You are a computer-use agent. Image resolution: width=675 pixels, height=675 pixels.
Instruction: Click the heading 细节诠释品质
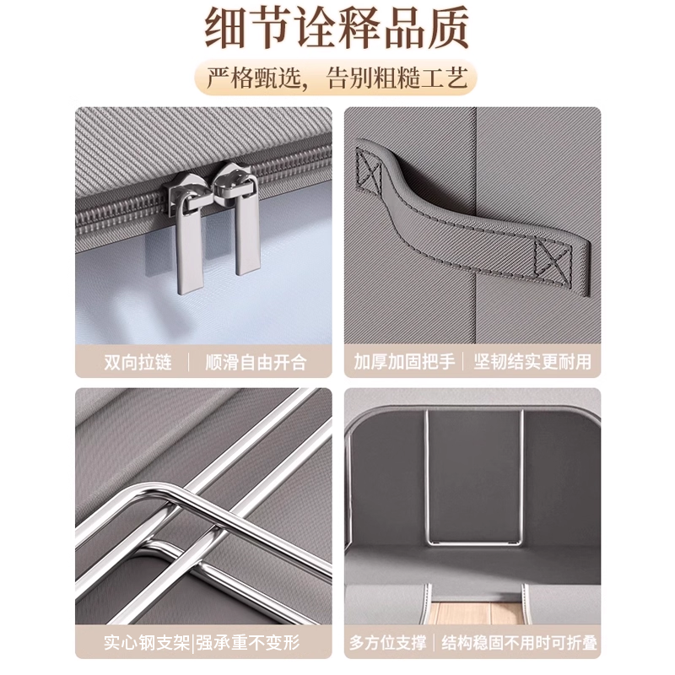[337, 30]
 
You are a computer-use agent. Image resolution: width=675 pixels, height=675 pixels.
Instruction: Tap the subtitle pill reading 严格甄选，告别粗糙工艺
[337, 78]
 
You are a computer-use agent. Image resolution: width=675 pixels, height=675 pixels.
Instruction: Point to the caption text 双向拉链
[138, 362]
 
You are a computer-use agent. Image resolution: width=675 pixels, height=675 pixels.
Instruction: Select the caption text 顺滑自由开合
[256, 362]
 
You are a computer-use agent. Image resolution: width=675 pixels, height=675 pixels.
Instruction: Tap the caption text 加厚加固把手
[404, 362]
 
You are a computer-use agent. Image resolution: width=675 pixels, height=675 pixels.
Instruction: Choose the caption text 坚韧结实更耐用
[532, 362]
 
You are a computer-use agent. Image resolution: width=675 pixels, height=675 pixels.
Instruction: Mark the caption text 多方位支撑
[388, 643]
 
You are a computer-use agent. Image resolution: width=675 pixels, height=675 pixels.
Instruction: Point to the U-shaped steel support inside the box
[473, 540]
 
